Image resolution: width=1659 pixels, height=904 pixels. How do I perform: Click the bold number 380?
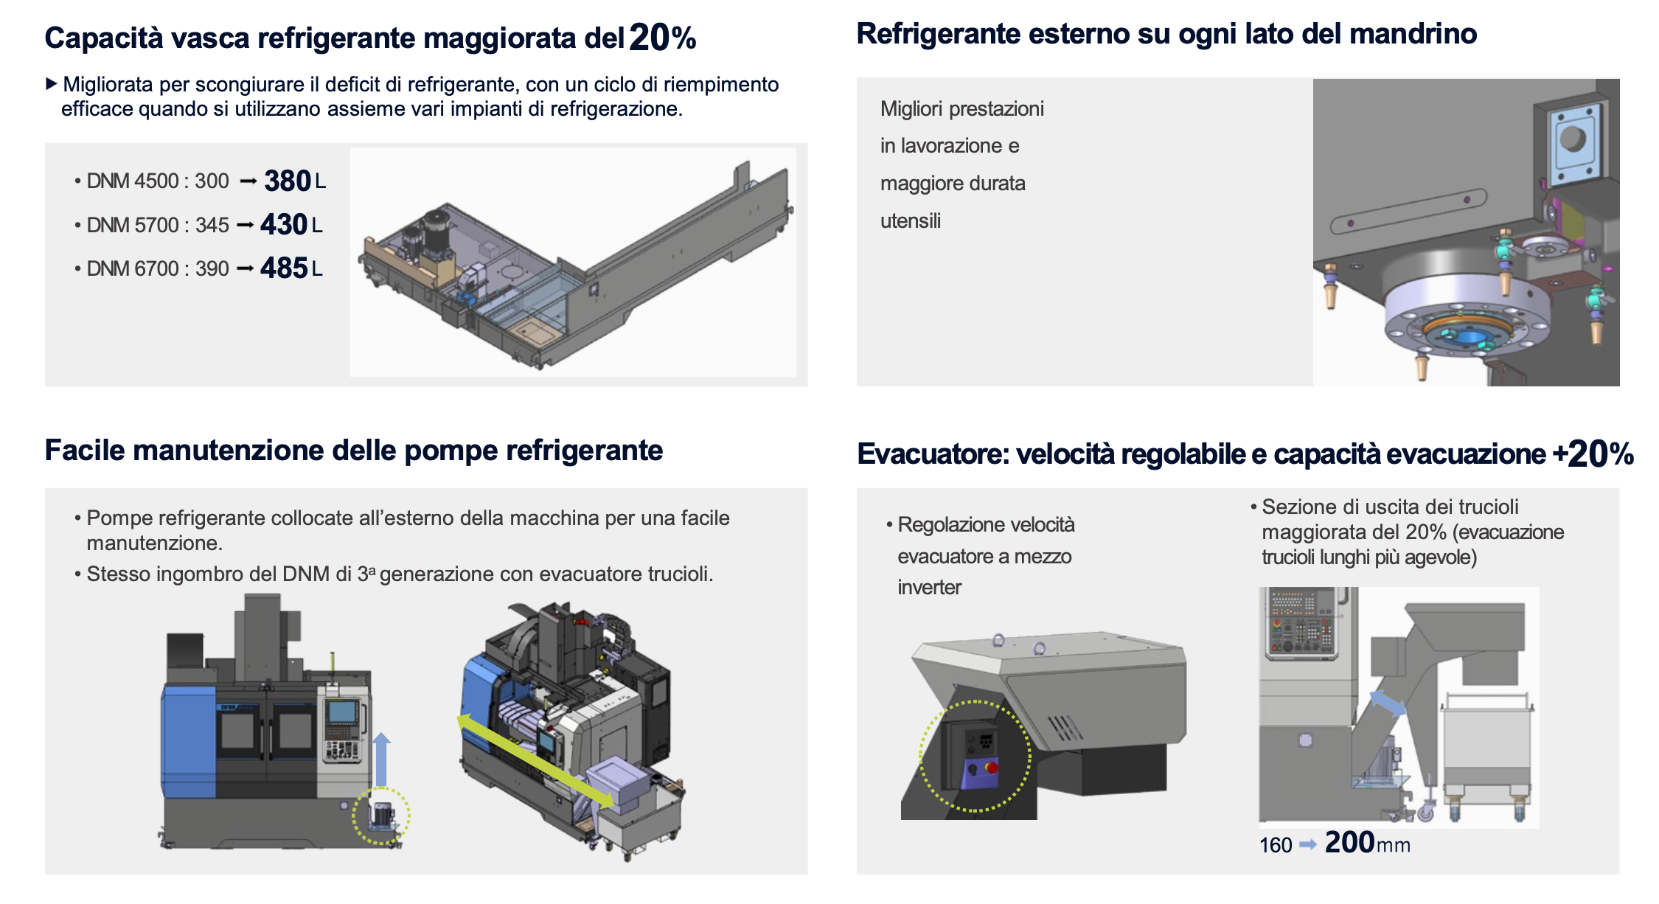288,181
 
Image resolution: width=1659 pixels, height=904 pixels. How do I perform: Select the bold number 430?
284,224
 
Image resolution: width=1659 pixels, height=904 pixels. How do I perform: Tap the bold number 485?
284,268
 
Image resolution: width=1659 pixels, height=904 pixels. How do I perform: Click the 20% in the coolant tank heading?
663,38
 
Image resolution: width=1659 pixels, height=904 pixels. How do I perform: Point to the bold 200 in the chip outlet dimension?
1349,842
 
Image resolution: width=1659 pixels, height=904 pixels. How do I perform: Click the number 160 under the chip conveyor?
1276,845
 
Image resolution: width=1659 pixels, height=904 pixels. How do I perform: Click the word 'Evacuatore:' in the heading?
933,453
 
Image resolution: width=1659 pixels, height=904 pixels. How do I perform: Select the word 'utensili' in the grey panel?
911,220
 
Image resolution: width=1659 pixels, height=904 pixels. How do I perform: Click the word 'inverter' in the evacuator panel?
929,587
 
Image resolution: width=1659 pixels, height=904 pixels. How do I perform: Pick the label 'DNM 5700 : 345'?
158,225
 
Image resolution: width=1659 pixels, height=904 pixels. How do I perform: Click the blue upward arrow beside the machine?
380,759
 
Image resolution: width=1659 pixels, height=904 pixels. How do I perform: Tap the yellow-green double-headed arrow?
535,761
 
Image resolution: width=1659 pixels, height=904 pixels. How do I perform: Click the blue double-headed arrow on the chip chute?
1388,703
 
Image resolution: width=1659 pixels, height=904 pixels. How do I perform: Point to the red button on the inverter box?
992,768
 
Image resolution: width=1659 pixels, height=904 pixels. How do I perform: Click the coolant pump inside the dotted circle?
382,816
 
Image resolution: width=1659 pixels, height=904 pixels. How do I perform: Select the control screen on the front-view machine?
342,712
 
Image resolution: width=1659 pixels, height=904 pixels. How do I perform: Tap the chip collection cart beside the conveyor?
1486,756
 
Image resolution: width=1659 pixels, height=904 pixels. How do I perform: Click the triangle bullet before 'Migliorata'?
51,83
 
